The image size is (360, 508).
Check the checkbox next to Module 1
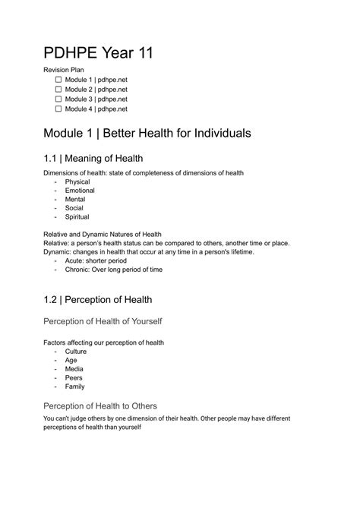(x=59, y=79)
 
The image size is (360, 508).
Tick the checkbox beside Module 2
(x=59, y=89)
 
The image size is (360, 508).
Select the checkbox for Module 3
(x=59, y=99)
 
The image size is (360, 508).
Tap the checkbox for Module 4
(x=59, y=109)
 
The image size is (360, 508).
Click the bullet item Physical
(x=77, y=181)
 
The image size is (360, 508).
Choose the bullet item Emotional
(x=80, y=191)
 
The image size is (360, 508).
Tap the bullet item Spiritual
(x=77, y=216)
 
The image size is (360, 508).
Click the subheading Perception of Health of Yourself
(x=112, y=321)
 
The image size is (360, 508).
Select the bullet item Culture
(x=76, y=352)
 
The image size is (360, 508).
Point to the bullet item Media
(x=74, y=369)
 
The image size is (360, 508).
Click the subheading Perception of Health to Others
(x=110, y=405)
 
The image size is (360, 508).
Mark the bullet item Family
(x=75, y=386)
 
